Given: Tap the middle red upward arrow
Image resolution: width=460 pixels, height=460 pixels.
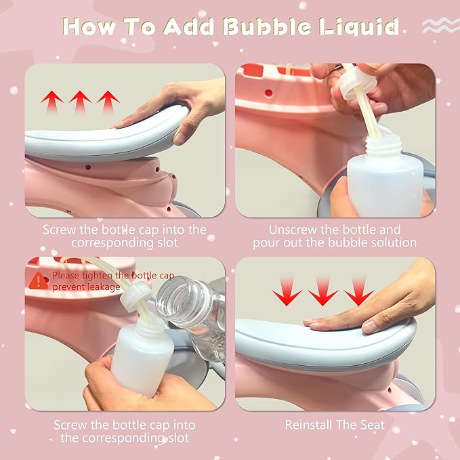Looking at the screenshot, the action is coord(80,102).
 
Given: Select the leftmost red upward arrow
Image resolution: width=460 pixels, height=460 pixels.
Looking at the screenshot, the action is coord(52,102).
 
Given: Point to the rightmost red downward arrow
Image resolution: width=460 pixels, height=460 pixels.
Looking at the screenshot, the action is coord(358,291).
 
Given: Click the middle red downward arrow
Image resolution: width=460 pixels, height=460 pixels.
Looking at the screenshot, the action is coord(322,291).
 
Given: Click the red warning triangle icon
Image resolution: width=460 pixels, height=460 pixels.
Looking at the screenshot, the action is coord(39,280).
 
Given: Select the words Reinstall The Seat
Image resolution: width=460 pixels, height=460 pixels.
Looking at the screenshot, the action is coord(335,425).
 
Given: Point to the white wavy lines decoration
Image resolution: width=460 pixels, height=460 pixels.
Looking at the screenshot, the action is coord(441,25).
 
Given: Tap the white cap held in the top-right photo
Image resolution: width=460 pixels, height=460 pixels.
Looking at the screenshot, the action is coord(356,82).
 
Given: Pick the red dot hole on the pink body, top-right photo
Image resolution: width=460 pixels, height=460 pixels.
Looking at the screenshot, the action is coord(268,93).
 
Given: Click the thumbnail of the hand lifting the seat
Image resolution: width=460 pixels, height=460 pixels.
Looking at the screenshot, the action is coord(125,140).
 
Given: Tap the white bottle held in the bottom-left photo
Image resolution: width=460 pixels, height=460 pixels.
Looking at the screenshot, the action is coord(142,357).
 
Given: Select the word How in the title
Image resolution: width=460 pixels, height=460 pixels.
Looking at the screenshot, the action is coord(88,26).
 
